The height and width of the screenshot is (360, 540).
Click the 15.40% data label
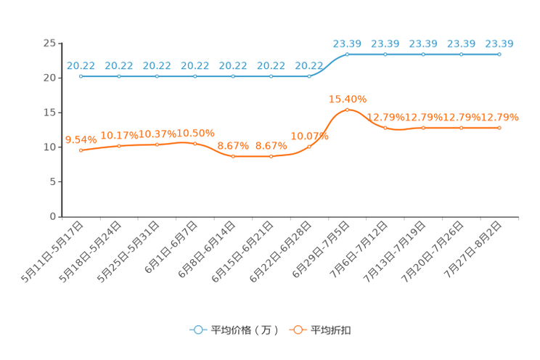348,99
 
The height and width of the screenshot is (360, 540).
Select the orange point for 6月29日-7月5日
347,110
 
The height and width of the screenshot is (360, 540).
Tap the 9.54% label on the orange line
81,140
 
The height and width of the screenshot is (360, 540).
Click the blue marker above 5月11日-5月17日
81,76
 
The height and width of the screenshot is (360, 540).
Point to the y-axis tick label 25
49,43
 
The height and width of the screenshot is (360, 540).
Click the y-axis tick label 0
53,216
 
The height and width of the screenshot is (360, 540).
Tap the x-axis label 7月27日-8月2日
472,250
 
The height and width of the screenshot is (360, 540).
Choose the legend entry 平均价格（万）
234,330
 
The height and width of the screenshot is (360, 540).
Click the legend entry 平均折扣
320,330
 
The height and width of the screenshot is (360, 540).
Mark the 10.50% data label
195,134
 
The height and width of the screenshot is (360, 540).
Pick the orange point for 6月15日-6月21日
271,156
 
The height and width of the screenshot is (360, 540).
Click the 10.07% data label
310,136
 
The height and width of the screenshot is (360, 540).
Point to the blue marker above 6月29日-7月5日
347,54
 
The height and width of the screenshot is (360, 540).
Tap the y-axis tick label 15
49,112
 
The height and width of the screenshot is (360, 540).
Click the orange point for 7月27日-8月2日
499,128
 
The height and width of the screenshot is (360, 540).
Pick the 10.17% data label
119,136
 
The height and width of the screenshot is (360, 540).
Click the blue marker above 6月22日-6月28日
309,76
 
